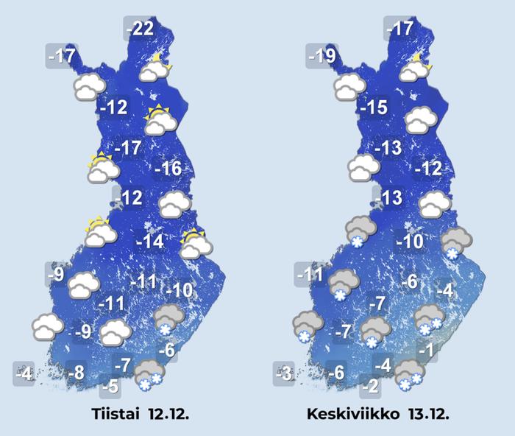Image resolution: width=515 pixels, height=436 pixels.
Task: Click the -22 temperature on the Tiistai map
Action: [x=140, y=29]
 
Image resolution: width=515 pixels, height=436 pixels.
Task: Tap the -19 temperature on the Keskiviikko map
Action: [x=323, y=56]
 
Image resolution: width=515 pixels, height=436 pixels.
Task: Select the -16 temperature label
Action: [x=168, y=169]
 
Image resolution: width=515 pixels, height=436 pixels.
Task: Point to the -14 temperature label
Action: [x=150, y=242]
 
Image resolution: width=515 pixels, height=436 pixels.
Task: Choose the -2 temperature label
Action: [x=372, y=385]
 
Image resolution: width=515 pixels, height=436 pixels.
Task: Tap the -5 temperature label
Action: [x=111, y=385]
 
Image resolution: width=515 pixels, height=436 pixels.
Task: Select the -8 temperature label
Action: [x=76, y=373]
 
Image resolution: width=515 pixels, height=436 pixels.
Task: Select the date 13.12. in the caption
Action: [x=427, y=414]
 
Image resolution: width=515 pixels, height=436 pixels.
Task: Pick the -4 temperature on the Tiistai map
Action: [x=25, y=374]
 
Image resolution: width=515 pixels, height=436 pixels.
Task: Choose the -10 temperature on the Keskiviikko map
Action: [x=410, y=242]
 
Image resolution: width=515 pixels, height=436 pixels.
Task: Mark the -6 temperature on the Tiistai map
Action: [x=167, y=351]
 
